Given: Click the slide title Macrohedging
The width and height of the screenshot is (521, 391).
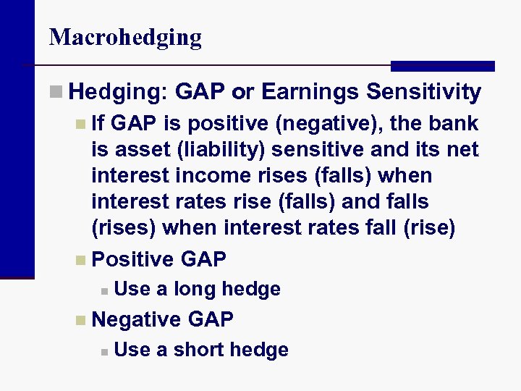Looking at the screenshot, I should tap(125, 37).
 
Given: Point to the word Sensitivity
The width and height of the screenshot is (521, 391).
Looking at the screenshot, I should tap(423, 92).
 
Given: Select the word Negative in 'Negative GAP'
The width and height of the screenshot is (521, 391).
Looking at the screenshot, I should tap(137, 319).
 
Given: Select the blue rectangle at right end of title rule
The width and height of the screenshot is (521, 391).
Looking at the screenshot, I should tap(442, 66).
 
